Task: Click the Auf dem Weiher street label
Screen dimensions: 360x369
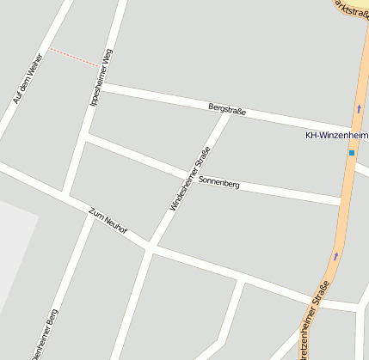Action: coord(28,80)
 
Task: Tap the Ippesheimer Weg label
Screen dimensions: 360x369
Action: coord(101,77)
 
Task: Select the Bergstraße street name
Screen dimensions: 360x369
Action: coord(227,111)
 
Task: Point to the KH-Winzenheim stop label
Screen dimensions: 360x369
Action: coord(336,135)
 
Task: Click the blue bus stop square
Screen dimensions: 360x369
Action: coord(352,153)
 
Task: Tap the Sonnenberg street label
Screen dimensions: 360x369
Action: coord(218,182)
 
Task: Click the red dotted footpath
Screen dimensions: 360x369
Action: coord(75,58)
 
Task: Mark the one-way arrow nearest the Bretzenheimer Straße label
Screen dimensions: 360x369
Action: coord(335,255)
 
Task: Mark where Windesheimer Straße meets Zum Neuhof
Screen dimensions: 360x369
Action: coord(151,247)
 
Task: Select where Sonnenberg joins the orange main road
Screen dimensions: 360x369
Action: coord(343,204)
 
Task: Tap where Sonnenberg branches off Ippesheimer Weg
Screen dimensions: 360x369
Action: coord(86,136)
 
